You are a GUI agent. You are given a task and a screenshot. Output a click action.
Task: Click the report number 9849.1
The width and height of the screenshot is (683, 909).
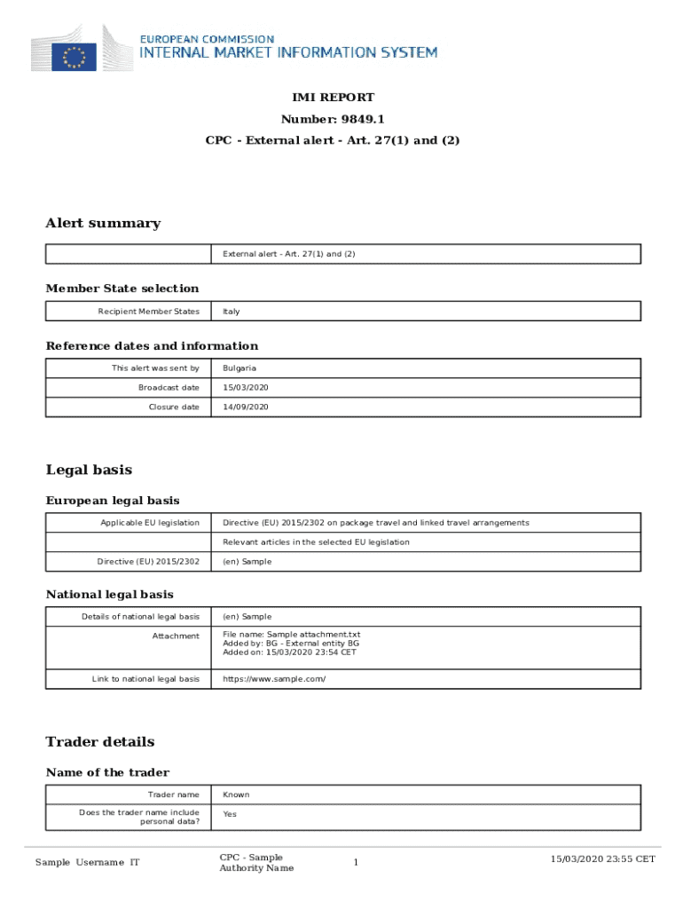(334, 119)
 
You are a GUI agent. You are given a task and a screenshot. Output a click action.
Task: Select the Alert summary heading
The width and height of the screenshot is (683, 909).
(103, 223)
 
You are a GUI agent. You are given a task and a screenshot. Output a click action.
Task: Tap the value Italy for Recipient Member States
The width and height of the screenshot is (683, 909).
(232, 312)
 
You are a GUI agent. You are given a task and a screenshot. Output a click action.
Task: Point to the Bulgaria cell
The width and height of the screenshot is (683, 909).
(240, 368)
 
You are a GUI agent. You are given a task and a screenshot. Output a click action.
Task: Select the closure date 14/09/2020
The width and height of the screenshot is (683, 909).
(246, 407)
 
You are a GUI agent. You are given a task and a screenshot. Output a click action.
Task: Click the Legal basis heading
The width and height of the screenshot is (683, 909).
(89, 470)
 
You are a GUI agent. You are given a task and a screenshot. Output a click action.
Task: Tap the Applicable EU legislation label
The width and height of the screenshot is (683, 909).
(150, 523)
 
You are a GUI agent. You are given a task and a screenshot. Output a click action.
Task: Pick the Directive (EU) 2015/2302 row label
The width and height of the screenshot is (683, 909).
(148, 562)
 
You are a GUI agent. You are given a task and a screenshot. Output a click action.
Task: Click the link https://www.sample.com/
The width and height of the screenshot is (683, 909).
(274, 679)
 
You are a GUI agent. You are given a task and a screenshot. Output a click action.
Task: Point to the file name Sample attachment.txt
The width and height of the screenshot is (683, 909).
(292, 635)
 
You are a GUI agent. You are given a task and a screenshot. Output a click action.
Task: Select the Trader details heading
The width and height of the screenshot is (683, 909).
(100, 741)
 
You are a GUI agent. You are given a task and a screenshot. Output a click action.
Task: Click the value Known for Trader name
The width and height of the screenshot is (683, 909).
(236, 794)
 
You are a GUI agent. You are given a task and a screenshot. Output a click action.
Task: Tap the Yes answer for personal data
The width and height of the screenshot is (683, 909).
(230, 814)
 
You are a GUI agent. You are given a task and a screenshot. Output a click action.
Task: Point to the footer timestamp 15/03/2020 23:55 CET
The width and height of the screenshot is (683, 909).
(602, 858)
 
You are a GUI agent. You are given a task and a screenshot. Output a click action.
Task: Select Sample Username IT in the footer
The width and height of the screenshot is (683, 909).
(88, 863)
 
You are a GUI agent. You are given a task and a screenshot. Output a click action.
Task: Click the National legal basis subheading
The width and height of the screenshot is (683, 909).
(109, 594)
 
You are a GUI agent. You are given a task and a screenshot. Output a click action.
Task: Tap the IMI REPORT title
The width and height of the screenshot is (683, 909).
(334, 98)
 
